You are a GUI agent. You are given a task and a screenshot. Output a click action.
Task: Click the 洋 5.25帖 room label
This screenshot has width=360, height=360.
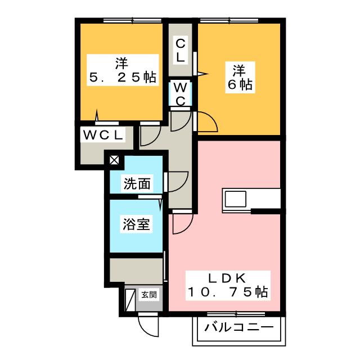pyautogui.click(x=121, y=70)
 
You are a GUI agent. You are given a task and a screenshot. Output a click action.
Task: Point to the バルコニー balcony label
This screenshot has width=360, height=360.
pyautogui.click(x=239, y=327)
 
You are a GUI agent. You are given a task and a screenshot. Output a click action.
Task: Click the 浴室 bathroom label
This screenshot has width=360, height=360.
pyautogui.click(x=136, y=224)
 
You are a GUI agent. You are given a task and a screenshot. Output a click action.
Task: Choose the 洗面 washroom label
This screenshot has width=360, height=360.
pyautogui.click(x=136, y=183)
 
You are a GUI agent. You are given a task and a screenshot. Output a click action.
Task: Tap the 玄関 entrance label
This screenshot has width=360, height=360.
pyautogui.click(x=148, y=294)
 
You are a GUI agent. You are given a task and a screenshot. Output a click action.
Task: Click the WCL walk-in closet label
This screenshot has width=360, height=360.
pyautogui.click(x=104, y=135)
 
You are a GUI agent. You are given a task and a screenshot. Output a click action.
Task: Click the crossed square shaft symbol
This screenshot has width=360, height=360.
pyautogui.click(x=114, y=160)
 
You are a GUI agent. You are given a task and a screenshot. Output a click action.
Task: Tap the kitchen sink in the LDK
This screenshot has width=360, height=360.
pyautogui.click(x=235, y=199)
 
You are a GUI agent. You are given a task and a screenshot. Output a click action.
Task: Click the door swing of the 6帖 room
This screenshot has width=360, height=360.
pyautogui.click(x=206, y=121)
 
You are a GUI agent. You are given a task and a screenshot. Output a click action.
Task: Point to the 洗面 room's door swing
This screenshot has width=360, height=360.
pyautogui.click(x=177, y=181)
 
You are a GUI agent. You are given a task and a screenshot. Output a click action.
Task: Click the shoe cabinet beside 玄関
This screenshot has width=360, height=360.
pyautogui.click(x=130, y=300)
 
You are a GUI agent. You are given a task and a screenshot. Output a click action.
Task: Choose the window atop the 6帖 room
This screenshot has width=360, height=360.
pyautogui.click(x=231, y=21)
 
